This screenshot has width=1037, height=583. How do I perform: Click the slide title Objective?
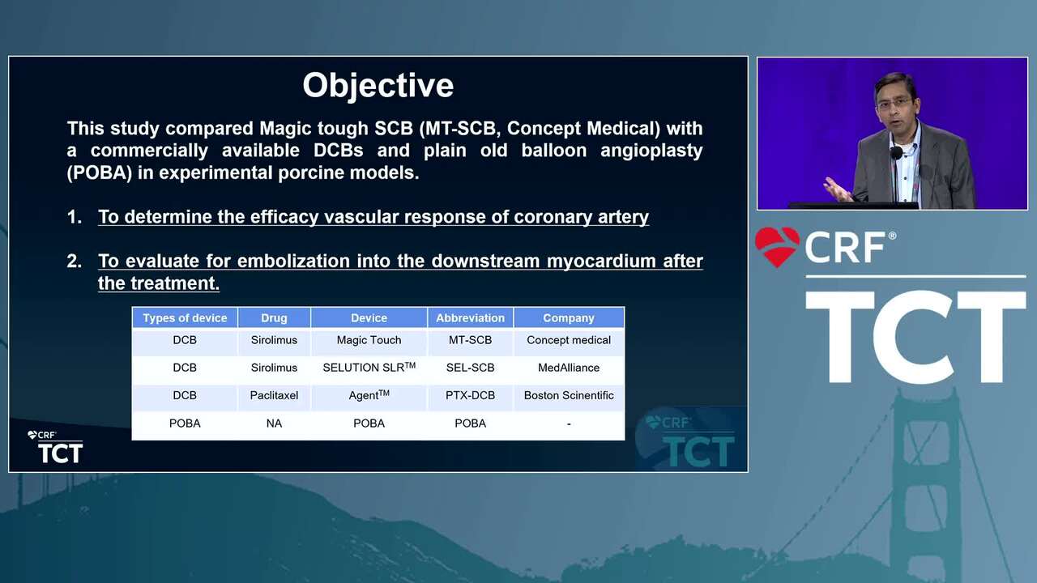tap(378, 86)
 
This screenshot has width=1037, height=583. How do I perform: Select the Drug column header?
tap(274, 318)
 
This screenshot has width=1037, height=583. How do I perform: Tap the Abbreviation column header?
tap(470, 318)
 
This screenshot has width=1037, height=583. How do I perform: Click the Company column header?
tap(569, 318)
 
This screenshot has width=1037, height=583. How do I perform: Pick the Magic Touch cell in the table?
tap(369, 340)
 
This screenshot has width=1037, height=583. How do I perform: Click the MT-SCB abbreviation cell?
tap(470, 340)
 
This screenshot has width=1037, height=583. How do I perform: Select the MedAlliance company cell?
tap(569, 368)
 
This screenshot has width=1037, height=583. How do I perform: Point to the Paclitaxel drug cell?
tap(274, 396)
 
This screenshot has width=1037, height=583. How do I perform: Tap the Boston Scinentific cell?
tap(569, 396)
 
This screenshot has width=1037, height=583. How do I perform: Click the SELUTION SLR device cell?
tap(369, 368)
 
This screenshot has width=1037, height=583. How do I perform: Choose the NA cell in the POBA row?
tap(274, 423)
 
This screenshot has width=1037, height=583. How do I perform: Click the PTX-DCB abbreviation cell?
tap(470, 396)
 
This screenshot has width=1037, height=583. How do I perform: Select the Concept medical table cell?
tap(569, 340)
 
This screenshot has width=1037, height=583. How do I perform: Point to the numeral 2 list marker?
tap(74, 262)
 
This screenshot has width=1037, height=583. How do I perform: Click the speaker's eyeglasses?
tap(894, 103)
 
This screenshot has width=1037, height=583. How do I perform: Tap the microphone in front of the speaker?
tap(896, 153)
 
